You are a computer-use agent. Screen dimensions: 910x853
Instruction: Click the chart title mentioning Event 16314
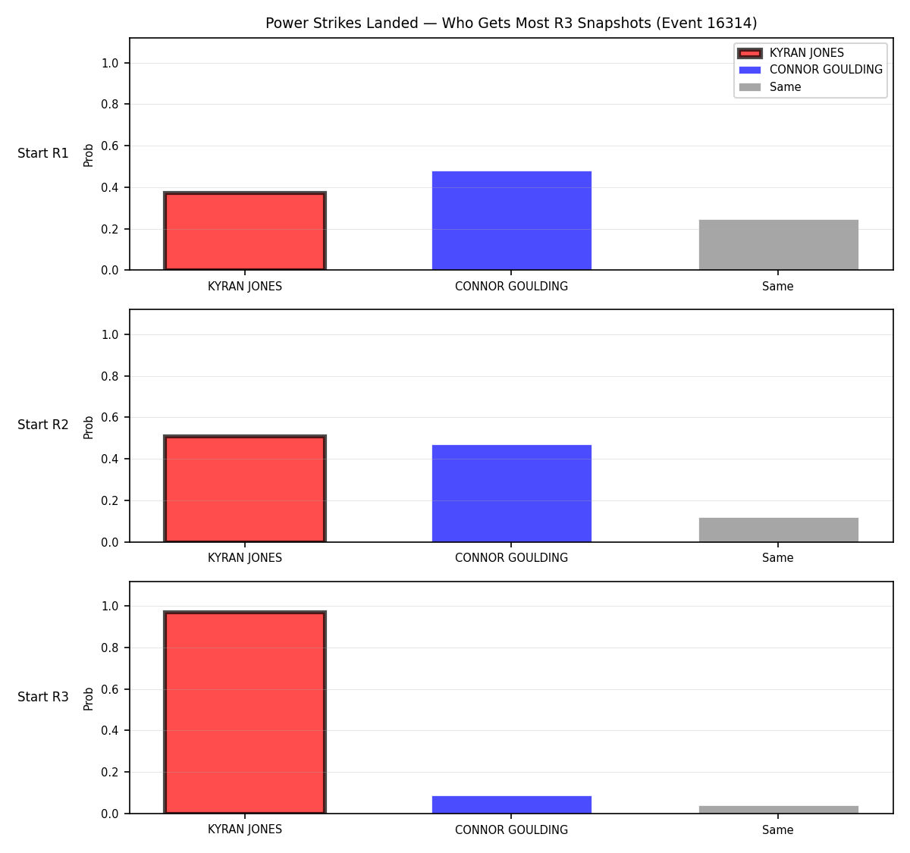[511, 23]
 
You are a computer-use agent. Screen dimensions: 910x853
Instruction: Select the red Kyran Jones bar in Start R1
[245, 230]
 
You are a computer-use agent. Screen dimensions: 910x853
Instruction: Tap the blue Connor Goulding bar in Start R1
[511, 221]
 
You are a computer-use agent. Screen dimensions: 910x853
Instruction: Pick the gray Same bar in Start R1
[778, 245]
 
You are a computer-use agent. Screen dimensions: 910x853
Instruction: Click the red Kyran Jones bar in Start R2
[245, 488]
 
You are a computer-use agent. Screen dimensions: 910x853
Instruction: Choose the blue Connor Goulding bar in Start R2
[511, 493]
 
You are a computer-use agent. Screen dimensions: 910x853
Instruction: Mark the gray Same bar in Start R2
[778, 529]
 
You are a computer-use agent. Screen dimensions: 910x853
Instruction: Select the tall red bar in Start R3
[245, 712]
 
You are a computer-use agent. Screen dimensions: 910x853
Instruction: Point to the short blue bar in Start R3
[511, 804]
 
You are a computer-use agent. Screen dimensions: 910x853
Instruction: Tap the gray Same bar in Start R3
[778, 810]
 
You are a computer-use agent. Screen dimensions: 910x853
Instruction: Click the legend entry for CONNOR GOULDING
[810, 70]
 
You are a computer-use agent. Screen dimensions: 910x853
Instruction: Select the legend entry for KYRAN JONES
[791, 53]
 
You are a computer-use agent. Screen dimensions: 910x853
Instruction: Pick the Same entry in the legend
[770, 87]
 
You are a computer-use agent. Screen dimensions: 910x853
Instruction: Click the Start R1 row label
[43, 153]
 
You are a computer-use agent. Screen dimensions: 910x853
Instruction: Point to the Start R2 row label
[43, 425]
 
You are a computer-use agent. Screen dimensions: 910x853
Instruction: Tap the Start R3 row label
[43, 696]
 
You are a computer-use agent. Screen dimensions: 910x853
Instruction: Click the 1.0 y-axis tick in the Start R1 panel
[110, 63]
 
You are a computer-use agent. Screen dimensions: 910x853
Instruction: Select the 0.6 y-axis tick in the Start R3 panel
[110, 689]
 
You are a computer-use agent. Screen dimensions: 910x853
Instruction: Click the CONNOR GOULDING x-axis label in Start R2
[511, 557]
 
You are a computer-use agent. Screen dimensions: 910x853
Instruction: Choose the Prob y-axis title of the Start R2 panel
[89, 427]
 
